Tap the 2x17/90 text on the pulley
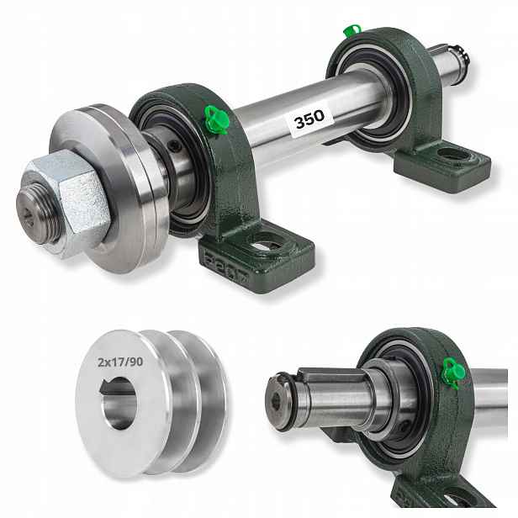(120, 362)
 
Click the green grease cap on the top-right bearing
(351, 31)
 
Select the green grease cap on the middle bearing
(216, 119)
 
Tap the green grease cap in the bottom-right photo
(454, 373)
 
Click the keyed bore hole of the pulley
(119, 402)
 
